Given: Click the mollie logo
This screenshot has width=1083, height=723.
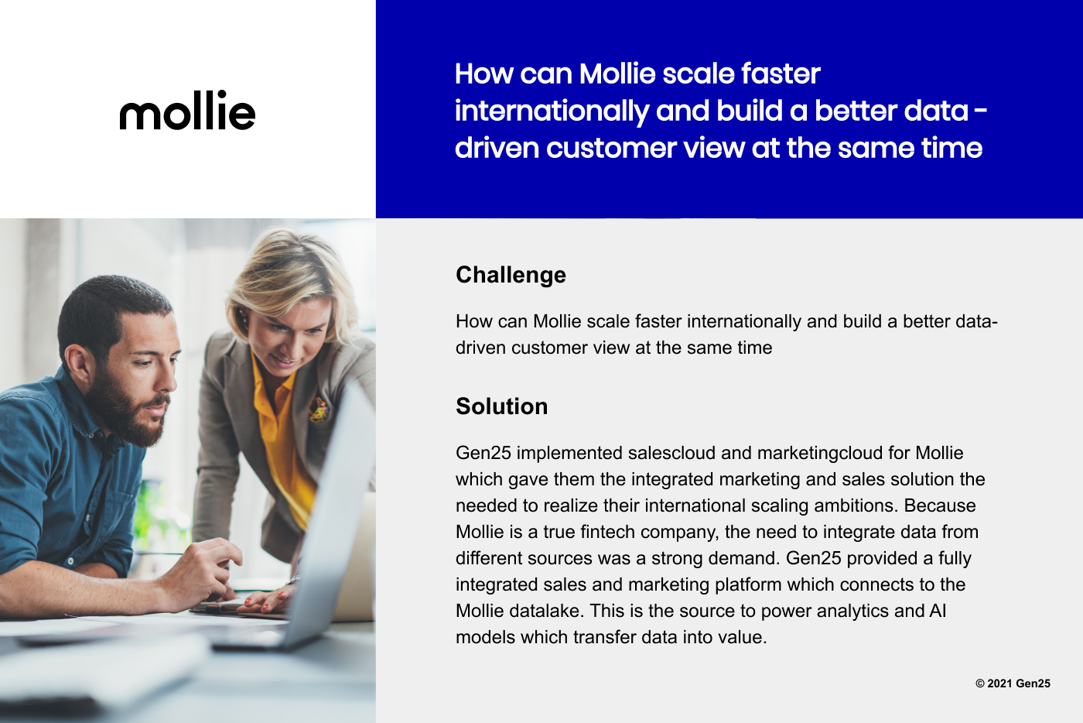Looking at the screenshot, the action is coord(187,110).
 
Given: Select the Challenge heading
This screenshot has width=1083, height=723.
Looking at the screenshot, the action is coord(511,275).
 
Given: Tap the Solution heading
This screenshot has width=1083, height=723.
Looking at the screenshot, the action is coord(501,406).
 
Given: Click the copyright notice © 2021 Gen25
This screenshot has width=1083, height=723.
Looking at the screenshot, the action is coord(1013,684).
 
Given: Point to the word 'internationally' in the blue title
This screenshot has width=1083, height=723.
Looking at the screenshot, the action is coord(552,111).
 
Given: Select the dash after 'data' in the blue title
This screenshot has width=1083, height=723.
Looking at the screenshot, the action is coord(980,111).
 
